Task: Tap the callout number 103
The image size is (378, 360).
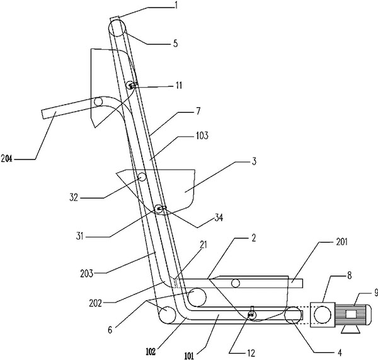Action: coord(202,136)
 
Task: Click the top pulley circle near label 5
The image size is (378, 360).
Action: coord(117,28)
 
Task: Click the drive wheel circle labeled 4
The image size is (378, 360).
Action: coord(292,316)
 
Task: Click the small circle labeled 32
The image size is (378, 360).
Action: coord(142,177)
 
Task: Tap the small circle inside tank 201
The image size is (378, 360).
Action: coord(236,284)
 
